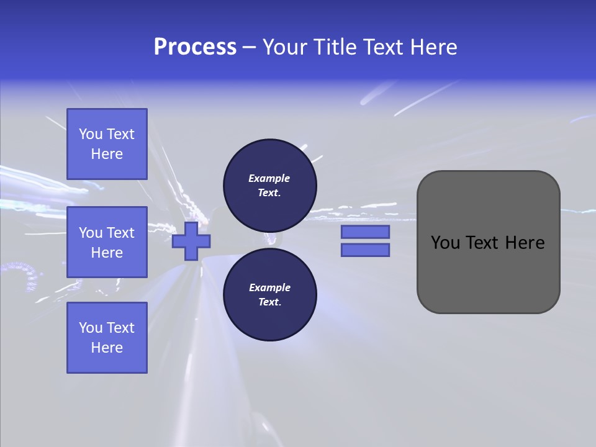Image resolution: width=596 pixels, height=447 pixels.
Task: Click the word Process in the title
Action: pyautogui.click(x=195, y=47)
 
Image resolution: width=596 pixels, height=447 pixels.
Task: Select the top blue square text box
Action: pyautogui.click(x=107, y=144)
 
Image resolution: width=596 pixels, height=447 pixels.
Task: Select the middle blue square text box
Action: pyautogui.click(x=107, y=242)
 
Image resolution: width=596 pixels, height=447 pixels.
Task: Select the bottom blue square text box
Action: pyautogui.click(x=107, y=338)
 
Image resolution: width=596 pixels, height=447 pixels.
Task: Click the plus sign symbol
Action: pyautogui.click(x=191, y=242)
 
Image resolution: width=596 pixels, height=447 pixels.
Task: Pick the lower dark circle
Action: pyautogui.click(x=270, y=295)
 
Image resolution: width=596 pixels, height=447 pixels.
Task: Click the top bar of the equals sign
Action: pyautogui.click(x=365, y=232)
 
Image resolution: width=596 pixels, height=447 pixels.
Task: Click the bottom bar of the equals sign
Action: pyautogui.click(x=365, y=250)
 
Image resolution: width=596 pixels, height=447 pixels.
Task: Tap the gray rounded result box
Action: pyautogui.click(x=488, y=242)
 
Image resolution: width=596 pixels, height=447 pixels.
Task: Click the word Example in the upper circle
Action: pyautogui.click(x=269, y=178)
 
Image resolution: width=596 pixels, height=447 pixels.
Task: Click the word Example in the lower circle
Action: pyautogui.click(x=269, y=287)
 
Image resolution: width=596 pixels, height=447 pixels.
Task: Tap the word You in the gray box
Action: pyautogui.click(x=445, y=243)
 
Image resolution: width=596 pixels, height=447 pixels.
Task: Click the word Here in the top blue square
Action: pyautogui.click(x=107, y=154)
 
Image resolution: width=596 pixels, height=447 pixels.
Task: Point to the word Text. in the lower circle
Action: pyautogui.click(x=269, y=302)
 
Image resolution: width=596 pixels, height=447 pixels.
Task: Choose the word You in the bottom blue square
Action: pyautogui.click(x=91, y=328)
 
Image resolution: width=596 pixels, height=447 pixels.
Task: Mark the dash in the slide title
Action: pyautogui.click(x=250, y=48)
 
